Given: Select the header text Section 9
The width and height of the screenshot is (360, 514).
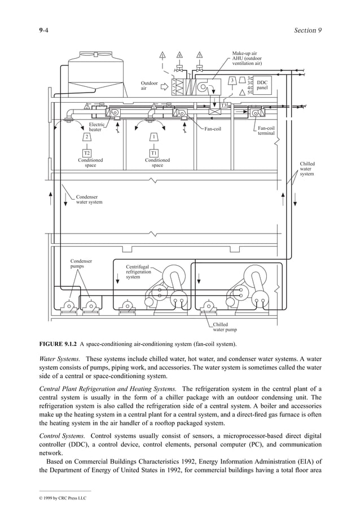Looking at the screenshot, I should click(x=308, y=30).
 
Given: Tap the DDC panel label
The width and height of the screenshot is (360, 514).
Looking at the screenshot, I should click(x=262, y=85).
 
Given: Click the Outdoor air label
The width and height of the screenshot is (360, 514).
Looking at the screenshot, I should click(x=149, y=86).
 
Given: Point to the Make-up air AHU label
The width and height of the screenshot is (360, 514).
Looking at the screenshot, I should click(x=247, y=59).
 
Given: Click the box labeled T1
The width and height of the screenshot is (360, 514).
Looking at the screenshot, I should click(x=153, y=152).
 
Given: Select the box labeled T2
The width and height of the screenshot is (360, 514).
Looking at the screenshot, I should click(x=87, y=152).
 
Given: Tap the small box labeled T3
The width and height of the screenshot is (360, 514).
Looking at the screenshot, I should click(x=223, y=106).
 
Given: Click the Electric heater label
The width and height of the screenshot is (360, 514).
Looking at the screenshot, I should click(x=97, y=127).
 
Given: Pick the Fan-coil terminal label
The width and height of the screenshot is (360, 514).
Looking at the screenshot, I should click(x=266, y=131).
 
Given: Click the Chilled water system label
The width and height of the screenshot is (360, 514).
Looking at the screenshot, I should click(x=307, y=169).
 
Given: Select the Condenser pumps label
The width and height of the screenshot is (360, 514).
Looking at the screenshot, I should click(x=81, y=263).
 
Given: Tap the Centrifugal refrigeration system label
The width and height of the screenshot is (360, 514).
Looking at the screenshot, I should click(x=138, y=271).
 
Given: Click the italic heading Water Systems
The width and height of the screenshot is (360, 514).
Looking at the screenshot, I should click(x=59, y=359).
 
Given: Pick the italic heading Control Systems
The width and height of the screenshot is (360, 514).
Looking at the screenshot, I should click(x=62, y=436).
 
